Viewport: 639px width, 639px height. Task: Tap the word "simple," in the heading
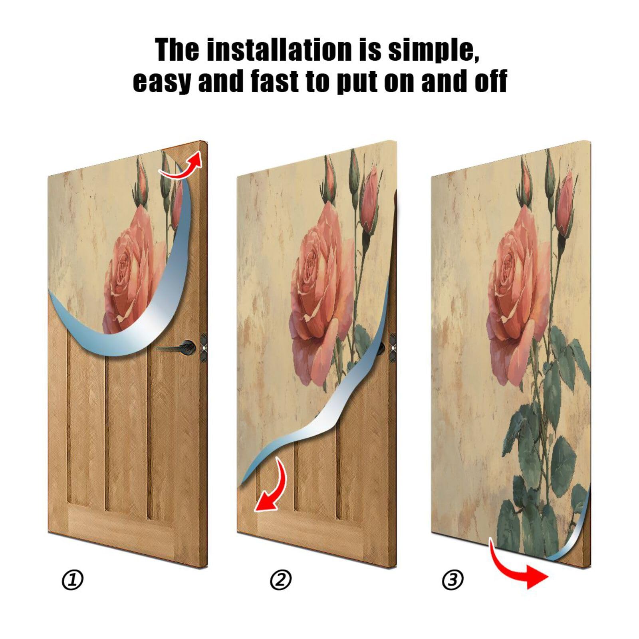coord(433,50)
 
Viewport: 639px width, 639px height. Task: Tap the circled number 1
coord(73,580)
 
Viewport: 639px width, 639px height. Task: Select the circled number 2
coord(281,580)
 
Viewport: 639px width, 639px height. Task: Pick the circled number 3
coord(453,580)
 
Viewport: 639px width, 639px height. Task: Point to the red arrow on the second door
coord(272,487)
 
